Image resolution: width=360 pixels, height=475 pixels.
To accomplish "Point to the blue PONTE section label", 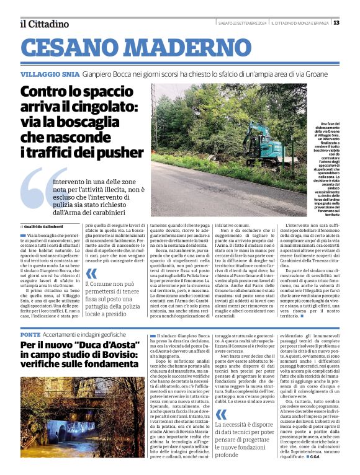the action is (30, 334).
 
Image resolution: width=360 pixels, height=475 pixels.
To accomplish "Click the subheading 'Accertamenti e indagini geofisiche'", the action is (82, 334).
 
